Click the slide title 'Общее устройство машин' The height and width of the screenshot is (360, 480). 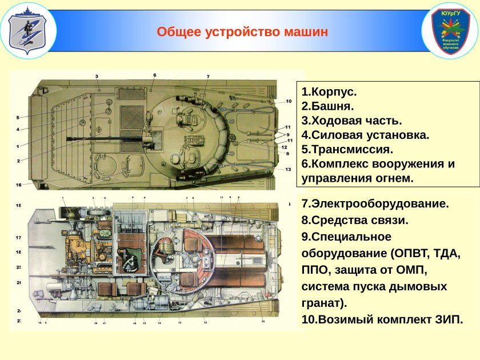click(x=242, y=32)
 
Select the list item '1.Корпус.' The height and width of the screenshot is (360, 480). click(x=329, y=92)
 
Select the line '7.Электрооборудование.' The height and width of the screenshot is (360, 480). click(x=375, y=204)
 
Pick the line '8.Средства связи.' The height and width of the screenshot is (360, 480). click(x=355, y=220)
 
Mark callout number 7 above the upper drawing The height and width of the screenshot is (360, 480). click(x=208, y=77)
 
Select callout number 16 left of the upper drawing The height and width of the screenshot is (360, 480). click(x=19, y=185)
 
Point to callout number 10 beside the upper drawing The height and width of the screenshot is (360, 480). click(x=289, y=101)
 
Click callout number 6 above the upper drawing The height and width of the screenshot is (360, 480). click(x=154, y=75)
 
